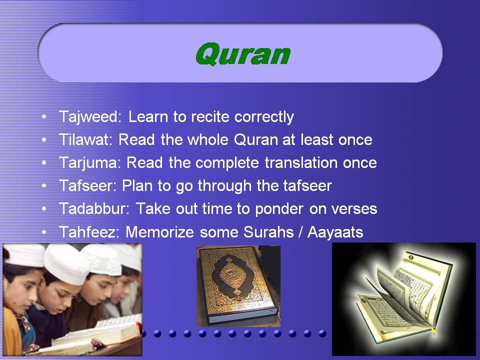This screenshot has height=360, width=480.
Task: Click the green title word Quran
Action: (x=243, y=54)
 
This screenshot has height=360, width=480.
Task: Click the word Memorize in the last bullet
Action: (x=159, y=231)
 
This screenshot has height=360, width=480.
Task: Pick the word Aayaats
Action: (x=335, y=231)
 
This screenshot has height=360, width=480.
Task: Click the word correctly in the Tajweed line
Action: (x=264, y=117)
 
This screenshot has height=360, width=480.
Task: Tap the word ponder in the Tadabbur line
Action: (x=279, y=209)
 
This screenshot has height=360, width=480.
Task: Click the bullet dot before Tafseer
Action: (x=44, y=186)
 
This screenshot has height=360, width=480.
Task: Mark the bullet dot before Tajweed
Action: (x=44, y=117)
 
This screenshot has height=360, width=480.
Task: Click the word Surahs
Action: (x=268, y=231)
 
